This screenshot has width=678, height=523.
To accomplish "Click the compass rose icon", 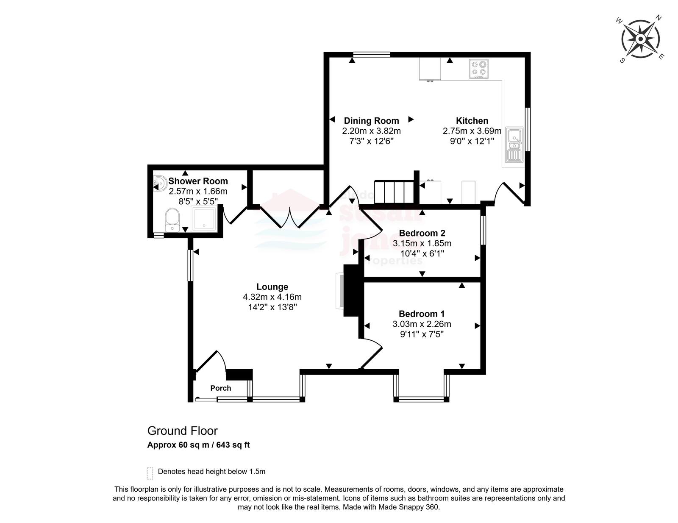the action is coord(640,39).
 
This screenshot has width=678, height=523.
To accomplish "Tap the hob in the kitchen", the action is coord(479,69).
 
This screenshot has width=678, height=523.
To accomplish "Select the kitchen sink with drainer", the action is coord(514,145).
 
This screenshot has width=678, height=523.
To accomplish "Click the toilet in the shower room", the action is coord(172,220).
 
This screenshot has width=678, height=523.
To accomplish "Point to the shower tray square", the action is coord(204,218).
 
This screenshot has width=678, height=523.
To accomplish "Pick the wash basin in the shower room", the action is coord(160,184).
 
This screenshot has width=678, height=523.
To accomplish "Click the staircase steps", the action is coord(394,192).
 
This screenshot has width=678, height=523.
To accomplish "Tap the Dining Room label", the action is coord(371,121).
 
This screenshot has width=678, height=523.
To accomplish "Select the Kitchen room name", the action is coord(472,121).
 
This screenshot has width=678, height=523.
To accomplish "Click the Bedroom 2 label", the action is coord(422,233).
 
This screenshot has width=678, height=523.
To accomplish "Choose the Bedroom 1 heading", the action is coord(422,314).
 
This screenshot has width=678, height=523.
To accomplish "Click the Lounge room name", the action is coord(272,287).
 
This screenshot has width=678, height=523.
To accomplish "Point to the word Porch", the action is coord(221,388).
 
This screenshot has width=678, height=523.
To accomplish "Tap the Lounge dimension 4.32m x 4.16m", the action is coord(272,297).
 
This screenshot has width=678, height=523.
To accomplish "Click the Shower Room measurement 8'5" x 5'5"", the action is coord(198,201).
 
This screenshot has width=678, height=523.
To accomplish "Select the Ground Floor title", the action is coord(183,431).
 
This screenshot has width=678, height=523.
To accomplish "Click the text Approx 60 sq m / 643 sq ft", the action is coord(198,445).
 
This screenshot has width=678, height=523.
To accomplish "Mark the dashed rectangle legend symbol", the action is coord(150,473).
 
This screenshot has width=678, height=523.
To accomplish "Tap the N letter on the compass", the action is coord(659,18).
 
